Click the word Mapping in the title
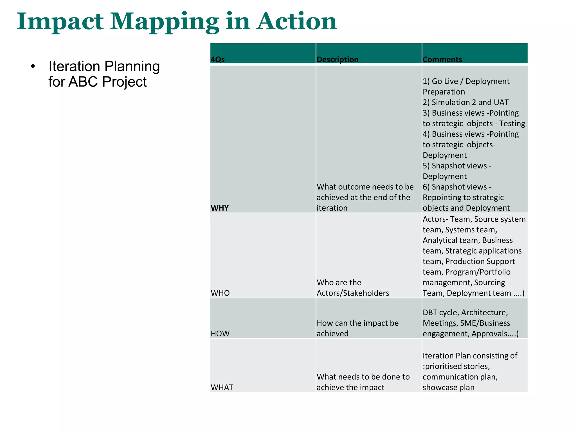[164, 22]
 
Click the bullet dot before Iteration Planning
[33, 67]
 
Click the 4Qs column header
[217, 59]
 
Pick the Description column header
[337, 59]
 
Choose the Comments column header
[442, 59]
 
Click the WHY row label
[220, 208]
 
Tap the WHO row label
[220, 293]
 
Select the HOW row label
[220, 334]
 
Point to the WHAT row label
[222, 387]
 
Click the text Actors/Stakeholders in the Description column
[353, 293]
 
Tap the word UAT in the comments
[501, 102]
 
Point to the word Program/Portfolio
[478, 272]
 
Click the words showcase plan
[448, 387]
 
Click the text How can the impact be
[357, 323]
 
